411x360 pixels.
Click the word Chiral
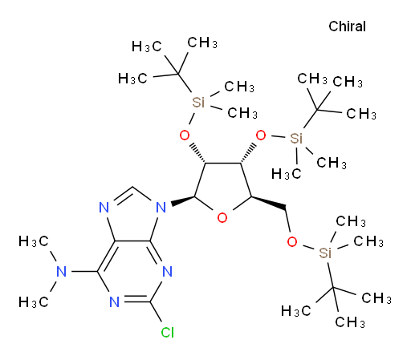[347, 26]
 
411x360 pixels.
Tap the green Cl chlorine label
[168, 333]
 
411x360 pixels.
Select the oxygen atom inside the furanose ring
[222, 218]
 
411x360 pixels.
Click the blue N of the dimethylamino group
[62, 272]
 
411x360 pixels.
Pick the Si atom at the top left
[198, 103]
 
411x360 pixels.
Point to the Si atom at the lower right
[325, 253]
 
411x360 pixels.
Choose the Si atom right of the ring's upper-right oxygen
[296, 138]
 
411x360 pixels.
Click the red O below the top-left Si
[185, 136]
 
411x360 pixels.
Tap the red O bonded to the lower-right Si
[292, 242]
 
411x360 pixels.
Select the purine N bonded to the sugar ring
[161, 208]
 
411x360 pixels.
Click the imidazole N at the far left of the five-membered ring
[104, 208]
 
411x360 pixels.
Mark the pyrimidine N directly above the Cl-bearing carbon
[167, 272]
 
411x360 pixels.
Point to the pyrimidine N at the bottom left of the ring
[114, 302]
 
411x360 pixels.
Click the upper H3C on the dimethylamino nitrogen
[34, 241]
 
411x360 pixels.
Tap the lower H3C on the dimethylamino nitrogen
[34, 302]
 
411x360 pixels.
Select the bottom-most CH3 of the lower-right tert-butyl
[350, 322]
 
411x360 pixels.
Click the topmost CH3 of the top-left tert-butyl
[202, 42]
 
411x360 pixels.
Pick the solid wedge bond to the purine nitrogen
[183, 201]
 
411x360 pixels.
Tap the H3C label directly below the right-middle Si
[287, 174]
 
